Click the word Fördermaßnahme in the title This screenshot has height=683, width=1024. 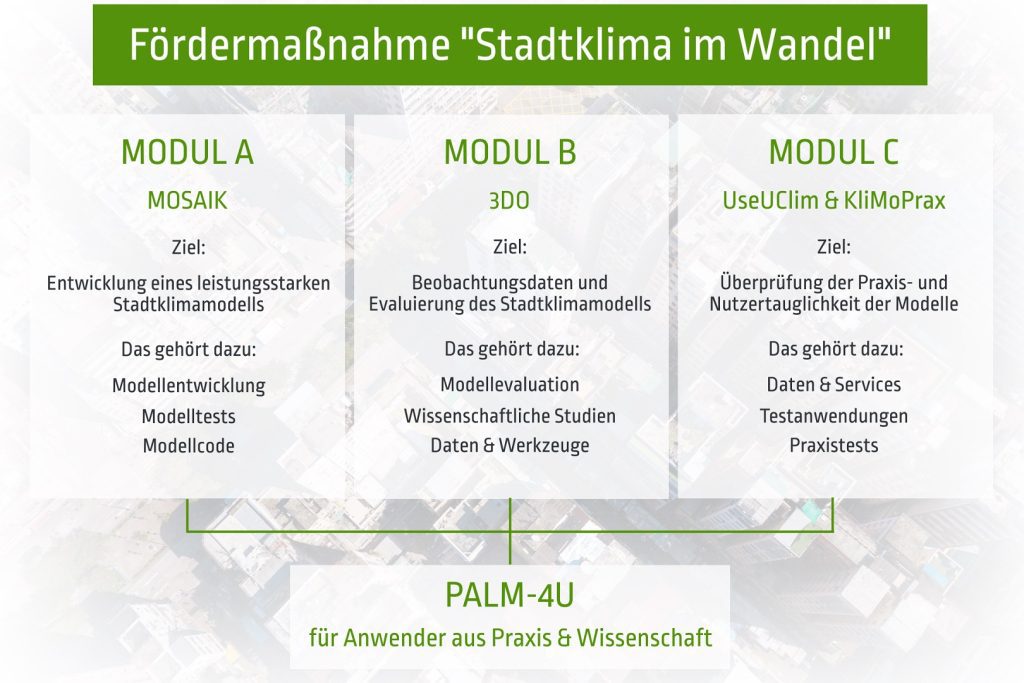[289, 44]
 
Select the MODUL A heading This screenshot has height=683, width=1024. [187, 152]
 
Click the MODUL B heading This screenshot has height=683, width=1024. [510, 152]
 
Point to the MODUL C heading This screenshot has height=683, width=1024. [833, 152]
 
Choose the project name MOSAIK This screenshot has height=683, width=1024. [187, 200]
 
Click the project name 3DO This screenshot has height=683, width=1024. [509, 200]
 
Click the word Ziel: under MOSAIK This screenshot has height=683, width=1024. [188, 247]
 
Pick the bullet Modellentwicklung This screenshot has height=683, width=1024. [189, 386]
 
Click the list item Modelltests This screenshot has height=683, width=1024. [189, 417]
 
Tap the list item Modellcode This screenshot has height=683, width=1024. [189, 446]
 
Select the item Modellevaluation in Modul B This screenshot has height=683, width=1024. [510, 385]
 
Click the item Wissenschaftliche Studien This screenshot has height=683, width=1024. [510, 416]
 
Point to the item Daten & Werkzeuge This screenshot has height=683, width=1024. [510, 446]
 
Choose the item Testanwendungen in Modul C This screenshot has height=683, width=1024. [834, 416]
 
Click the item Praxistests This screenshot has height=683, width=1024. [834, 446]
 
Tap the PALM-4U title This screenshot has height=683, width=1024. [509, 595]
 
